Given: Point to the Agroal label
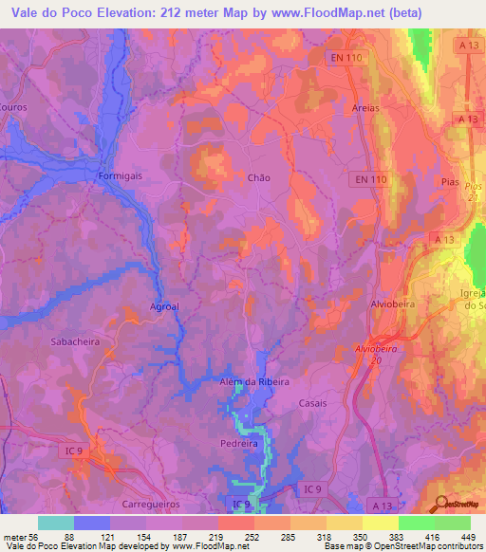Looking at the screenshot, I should coord(165,306).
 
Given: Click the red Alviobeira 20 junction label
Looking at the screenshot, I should coord(380,352).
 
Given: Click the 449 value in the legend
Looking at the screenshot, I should coord(467,537).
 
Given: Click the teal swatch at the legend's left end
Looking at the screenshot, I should coord(56,523).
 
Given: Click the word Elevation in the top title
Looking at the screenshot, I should coord(140,13).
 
